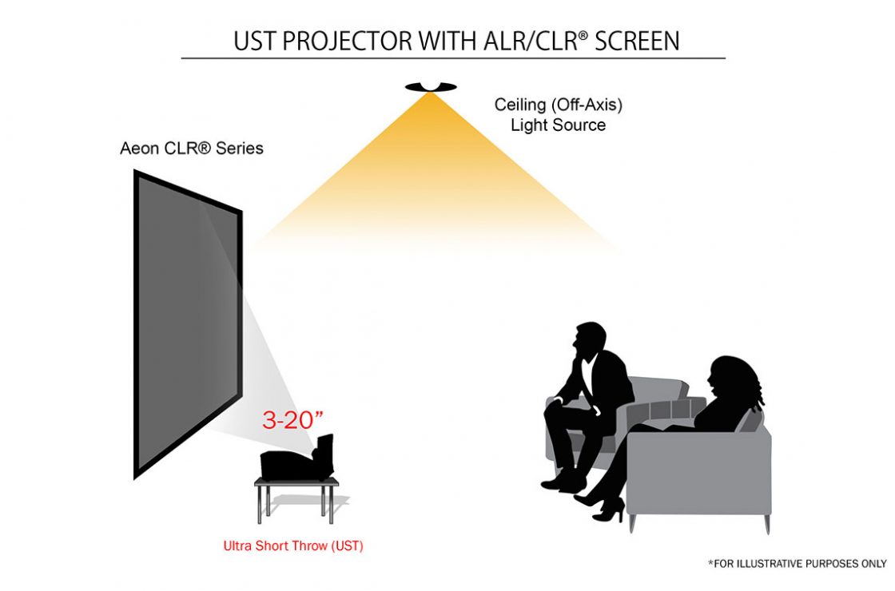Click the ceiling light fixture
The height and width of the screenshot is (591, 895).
click(x=431, y=86)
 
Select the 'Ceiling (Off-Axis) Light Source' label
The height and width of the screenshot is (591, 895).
click(x=558, y=115)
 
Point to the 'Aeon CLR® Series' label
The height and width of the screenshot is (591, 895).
click(x=191, y=149)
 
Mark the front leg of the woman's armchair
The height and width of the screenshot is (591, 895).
click(x=632, y=524)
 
